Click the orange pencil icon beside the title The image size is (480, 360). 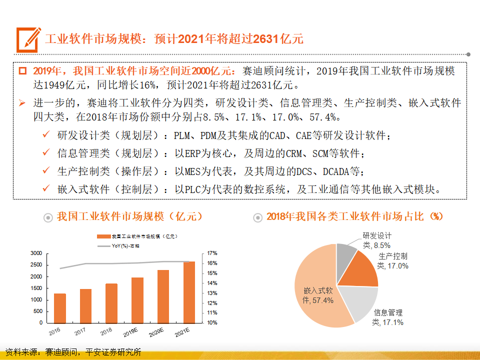pyautogui.click(x=28, y=39)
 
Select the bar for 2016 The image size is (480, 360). pyautogui.click(x=60, y=308)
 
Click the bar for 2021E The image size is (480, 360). pyautogui.click(x=189, y=292)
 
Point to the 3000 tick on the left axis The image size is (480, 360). pyautogui.click(x=37, y=253)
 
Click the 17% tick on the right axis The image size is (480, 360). pyautogui.click(x=212, y=253)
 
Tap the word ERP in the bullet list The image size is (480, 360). pyautogui.click(x=196, y=153)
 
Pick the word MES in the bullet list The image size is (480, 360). pyautogui.click(x=196, y=171)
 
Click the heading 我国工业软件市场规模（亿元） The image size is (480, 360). pyautogui.click(x=130, y=216)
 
